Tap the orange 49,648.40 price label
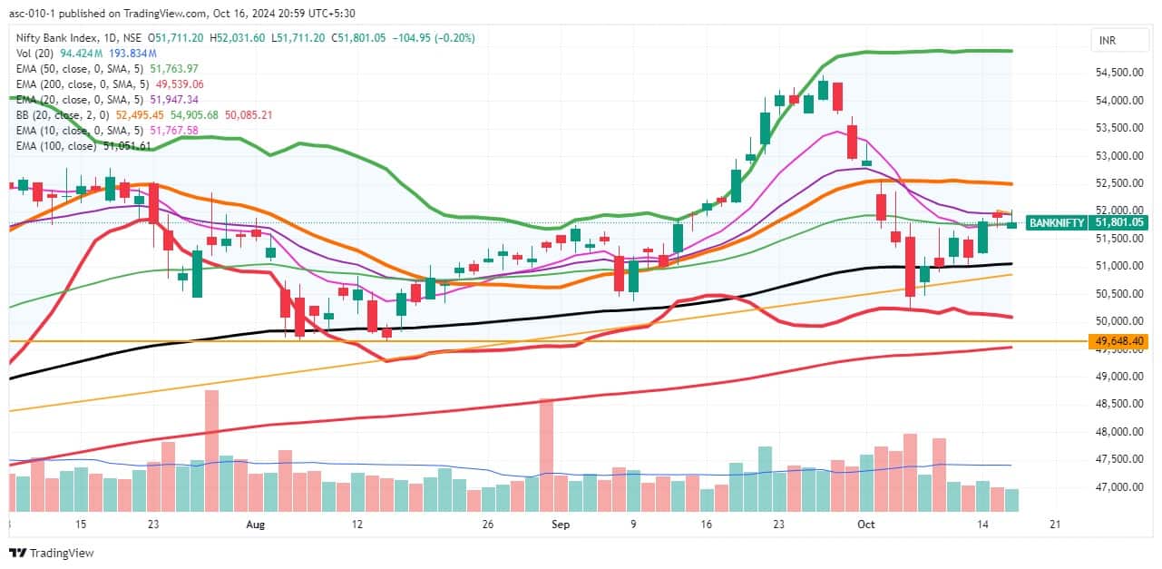click(1121, 341)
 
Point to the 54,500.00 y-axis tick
click(1120, 73)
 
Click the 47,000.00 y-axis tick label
click(1120, 487)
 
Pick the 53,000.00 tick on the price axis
click(1120, 156)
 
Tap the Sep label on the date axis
click(561, 525)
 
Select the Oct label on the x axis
click(867, 525)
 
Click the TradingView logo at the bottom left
click(52, 553)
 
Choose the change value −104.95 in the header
click(413, 38)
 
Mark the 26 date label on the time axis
click(487, 525)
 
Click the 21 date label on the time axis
click(1054, 525)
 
